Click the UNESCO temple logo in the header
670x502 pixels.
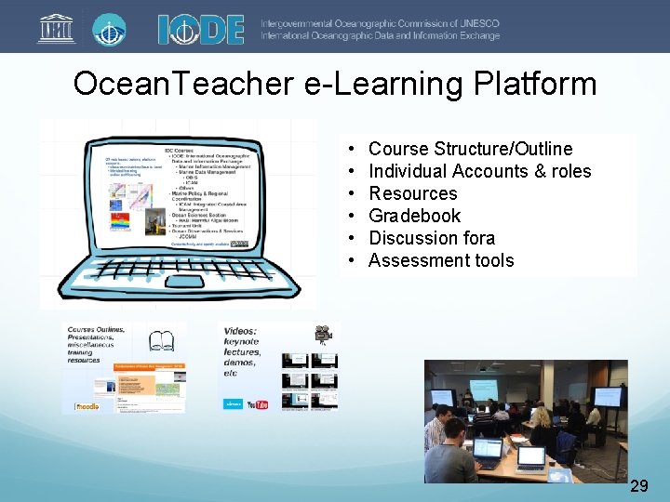[56, 27]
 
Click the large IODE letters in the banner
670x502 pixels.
[200, 28]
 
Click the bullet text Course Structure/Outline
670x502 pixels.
[470, 149]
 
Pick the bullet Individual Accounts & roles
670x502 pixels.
[479, 171]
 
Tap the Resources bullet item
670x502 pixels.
[413, 193]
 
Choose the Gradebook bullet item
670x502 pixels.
[414, 216]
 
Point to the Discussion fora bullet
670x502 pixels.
[432, 238]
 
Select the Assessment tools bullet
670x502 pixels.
[441, 260]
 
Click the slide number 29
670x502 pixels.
[639, 485]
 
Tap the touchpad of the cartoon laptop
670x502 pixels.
[185, 281]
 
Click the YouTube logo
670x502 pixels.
[260, 404]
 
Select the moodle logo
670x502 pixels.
[86, 406]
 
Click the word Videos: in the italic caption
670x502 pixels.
[241, 331]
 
